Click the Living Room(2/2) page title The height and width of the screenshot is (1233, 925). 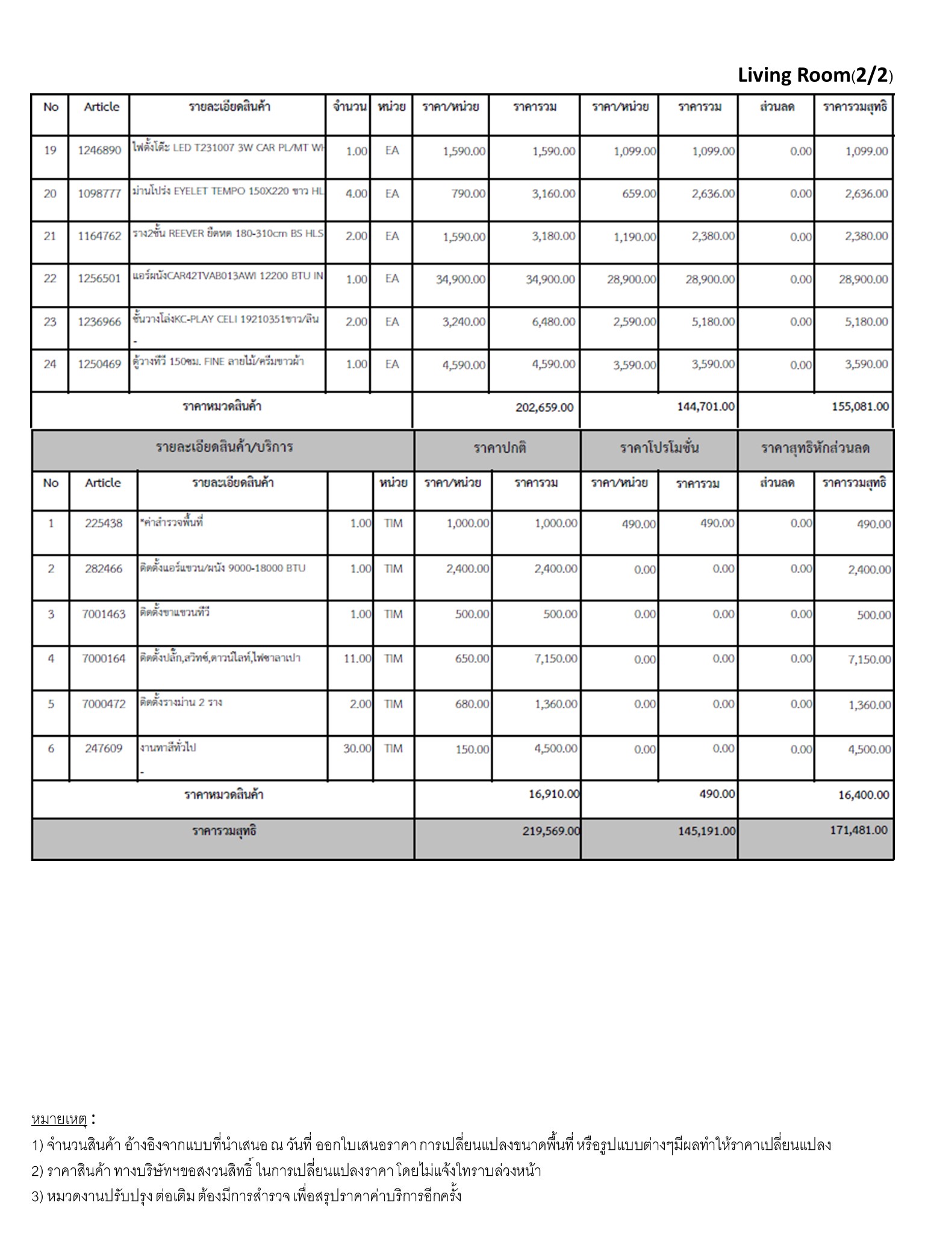point(815,75)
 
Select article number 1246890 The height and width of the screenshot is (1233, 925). point(99,151)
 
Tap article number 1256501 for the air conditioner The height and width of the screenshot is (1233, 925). point(99,279)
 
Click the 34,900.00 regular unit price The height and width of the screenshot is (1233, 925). point(460,279)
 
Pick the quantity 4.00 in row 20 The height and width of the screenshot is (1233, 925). point(356,194)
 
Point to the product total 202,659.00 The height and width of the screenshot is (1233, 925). point(544,408)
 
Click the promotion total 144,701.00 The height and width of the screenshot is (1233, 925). point(706,407)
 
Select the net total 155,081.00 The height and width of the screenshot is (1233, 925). point(860,407)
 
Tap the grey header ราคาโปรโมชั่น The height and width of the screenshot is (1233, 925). point(659,449)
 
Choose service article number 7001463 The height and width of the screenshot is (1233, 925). point(104,614)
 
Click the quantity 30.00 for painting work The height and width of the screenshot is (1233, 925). point(357,749)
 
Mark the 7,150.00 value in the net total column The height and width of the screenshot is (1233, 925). point(869,660)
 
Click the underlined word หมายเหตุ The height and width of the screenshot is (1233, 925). point(59,1119)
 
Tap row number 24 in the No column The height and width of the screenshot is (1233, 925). point(50,364)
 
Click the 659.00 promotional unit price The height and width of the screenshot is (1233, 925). point(639,194)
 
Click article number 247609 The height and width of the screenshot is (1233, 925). point(104,749)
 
